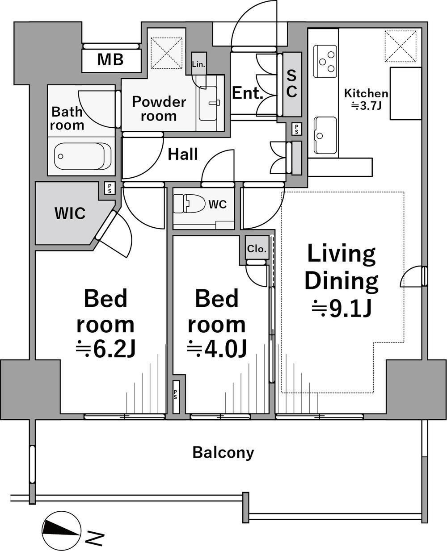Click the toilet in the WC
pos(188,203)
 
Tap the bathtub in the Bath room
pos(82,156)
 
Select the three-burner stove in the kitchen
pos(325,61)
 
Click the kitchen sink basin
pos(325,135)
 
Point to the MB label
pos(110,59)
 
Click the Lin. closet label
pos(198,64)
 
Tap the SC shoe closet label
pos(291,83)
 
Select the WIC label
pos(70,213)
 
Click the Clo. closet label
pos(257,249)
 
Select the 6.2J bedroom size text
pos(105,349)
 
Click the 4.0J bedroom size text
pos(216,349)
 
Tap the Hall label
pos(183,154)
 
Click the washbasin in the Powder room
pos(208,103)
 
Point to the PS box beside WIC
pos(110,188)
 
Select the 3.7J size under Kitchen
pos(366,106)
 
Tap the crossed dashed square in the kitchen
pos(401,46)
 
